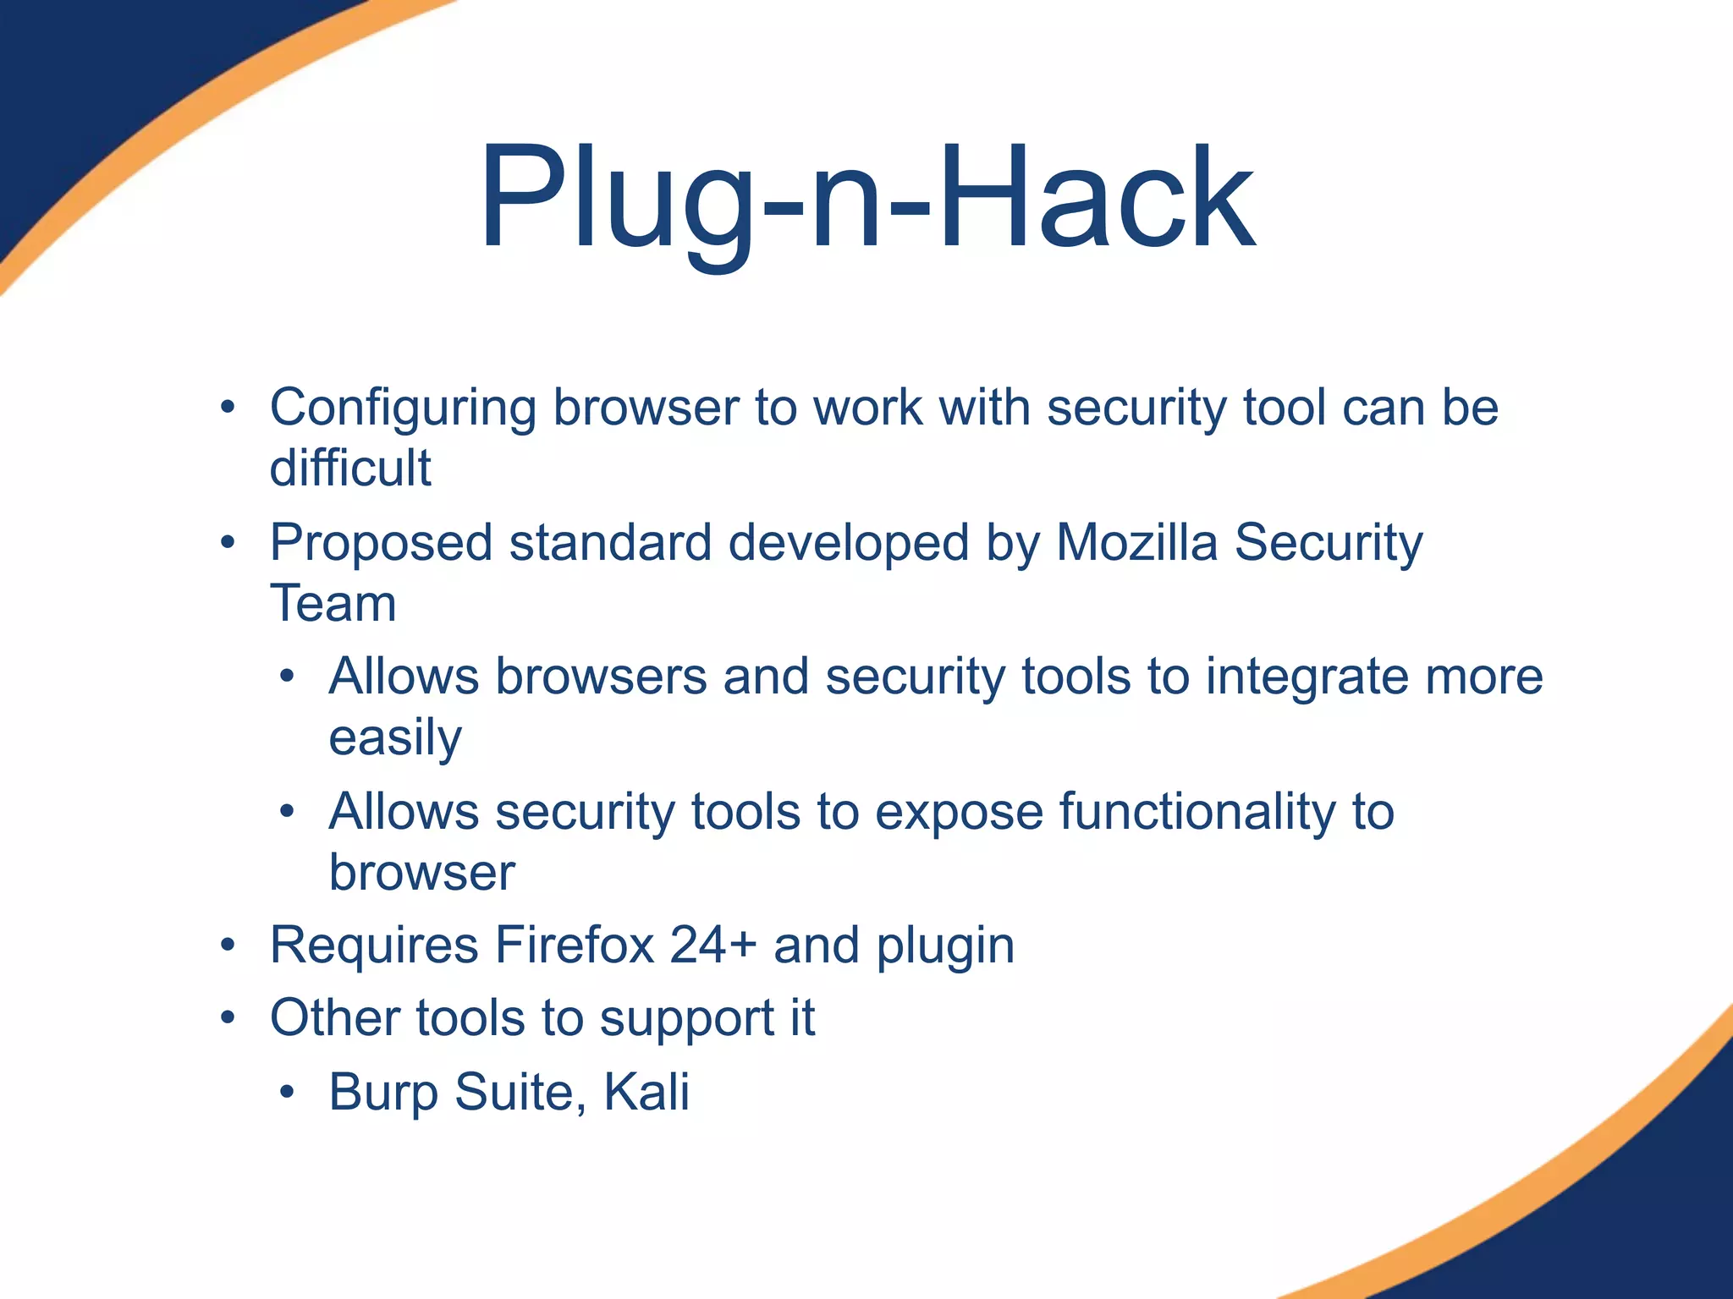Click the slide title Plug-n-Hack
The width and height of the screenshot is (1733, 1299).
pos(867,199)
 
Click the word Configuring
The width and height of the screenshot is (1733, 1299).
pos(403,408)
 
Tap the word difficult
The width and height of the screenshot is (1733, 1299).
pos(350,468)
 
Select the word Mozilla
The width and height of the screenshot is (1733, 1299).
pos(1136,542)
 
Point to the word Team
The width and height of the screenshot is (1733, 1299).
pos(333,604)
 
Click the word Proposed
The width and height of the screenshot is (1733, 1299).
pos(381,544)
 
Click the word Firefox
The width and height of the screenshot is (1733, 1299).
pos(575,945)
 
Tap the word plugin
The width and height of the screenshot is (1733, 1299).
pos(945,946)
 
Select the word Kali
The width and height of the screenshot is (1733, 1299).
pos(646,1092)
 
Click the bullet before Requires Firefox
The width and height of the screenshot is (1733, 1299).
pos(228,945)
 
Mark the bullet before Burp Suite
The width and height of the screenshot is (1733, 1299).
pos(288,1092)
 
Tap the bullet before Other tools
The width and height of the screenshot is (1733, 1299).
pos(228,1017)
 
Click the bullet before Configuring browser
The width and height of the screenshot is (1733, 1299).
pos(228,408)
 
